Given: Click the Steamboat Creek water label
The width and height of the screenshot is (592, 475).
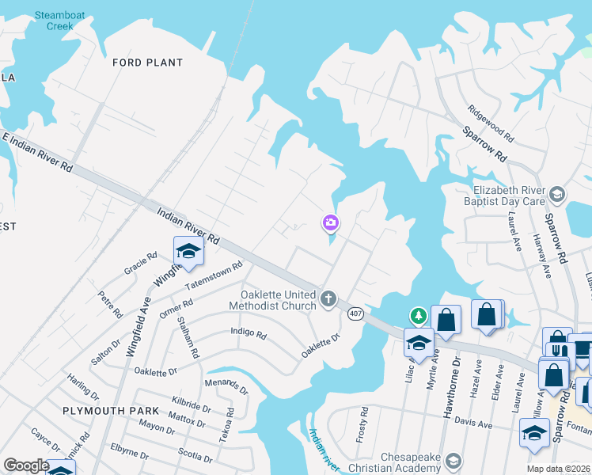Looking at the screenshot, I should (x=54, y=20).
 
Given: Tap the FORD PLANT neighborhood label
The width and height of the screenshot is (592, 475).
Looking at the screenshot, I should (x=147, y=63).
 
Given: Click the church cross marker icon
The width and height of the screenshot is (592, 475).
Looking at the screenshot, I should (x=329, y=299).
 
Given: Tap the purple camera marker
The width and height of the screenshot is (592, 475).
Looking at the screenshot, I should (x=330, y=223).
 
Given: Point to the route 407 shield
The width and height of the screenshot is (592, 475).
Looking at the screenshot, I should (x=354, y=313).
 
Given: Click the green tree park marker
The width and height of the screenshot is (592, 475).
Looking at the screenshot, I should (x=417, y=317).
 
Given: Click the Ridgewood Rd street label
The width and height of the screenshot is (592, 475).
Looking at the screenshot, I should (x=490, y=123).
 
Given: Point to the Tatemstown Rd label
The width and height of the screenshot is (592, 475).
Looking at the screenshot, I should (x=213, y=277).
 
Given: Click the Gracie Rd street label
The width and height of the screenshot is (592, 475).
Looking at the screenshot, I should (x=141, y=264).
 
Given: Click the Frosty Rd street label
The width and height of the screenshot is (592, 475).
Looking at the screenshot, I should (x=363, y=424).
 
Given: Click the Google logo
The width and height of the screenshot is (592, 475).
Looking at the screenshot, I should (x=25, y=465).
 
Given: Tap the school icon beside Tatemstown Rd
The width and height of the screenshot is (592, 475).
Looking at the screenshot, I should (x=188, y=252).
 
